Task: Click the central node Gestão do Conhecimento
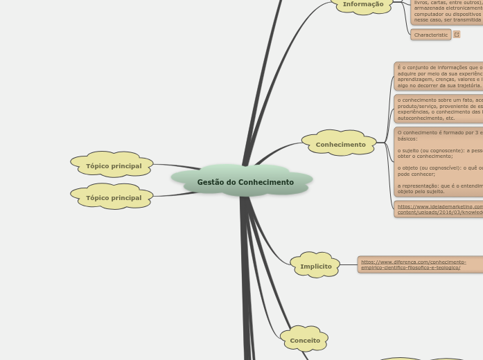click(245, 182)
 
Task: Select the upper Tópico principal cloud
click(114, 166)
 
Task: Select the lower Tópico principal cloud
click(114, 198)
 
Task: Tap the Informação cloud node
click(362, 4)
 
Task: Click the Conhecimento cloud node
click(340, 145)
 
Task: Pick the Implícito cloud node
click(315, 266)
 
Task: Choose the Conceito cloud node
click(305, 341)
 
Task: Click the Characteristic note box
click(430, 35)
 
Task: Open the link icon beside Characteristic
click(457, 35)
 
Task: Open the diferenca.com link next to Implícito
click(414, 264)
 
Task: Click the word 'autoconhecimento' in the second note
click(419, 118)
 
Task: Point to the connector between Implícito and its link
click(349, 265)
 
